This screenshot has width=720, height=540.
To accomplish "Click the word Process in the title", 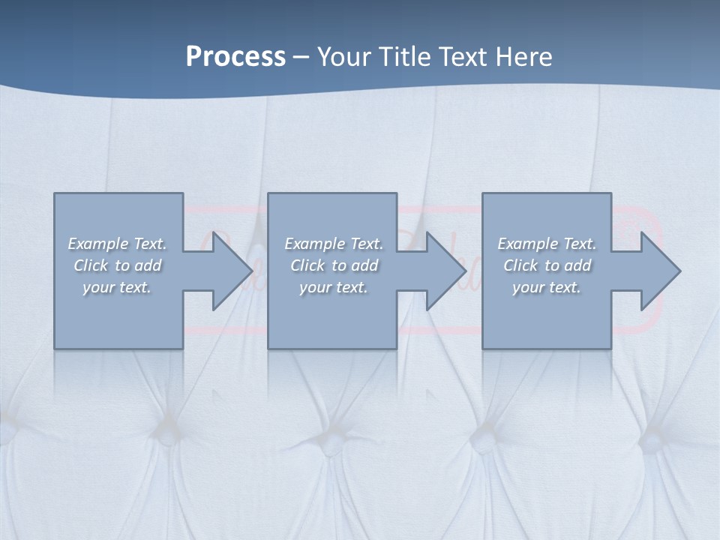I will [x=235, y=57].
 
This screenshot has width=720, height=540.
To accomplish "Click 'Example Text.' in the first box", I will [x=118, y=244].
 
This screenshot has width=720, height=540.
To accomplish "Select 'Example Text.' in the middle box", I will [x=334, y=244].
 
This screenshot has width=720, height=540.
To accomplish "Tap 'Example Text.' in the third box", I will [x=547, y=244].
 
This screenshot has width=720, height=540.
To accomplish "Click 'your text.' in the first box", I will [x=117, y=287].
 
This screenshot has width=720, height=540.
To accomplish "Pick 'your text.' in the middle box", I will [x=334, y=287].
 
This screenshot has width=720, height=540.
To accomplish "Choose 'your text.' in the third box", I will [x=547, y=287].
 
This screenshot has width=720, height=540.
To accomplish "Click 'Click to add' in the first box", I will [x=118, y=265].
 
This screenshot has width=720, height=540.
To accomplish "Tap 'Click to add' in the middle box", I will [x=334, y=265].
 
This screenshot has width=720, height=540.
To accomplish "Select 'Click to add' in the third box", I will [x=547, y=265].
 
